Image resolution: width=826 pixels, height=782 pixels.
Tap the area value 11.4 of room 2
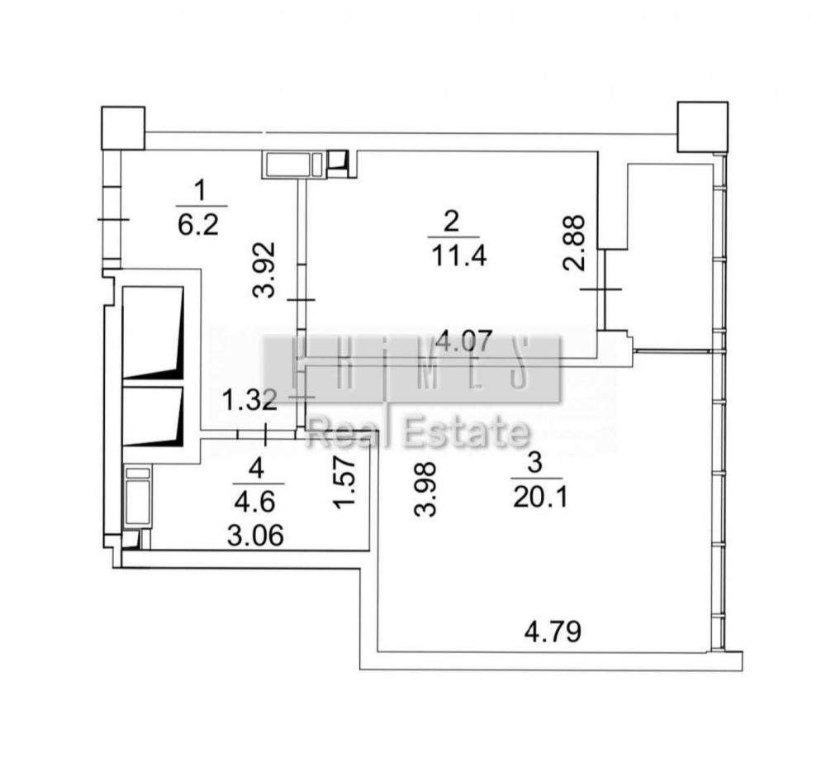458,257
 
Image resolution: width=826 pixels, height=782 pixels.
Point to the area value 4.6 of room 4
255,502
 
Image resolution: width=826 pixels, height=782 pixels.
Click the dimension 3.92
264,269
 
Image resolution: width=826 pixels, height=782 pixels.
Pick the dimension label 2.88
574,242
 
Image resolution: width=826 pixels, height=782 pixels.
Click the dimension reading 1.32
249,400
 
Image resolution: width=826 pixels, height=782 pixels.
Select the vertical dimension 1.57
346,482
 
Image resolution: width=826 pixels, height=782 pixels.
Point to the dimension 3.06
255,536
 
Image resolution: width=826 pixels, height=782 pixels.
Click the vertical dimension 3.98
425,489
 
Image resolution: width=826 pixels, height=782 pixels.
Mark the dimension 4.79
553,632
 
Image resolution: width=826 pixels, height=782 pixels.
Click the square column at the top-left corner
123,128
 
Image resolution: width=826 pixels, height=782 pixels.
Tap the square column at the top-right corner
703,127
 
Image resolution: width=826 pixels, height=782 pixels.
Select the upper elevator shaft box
153,333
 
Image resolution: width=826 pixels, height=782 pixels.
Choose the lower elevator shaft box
153,417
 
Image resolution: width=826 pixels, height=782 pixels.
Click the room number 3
534,463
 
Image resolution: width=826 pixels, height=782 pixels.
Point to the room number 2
452,222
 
